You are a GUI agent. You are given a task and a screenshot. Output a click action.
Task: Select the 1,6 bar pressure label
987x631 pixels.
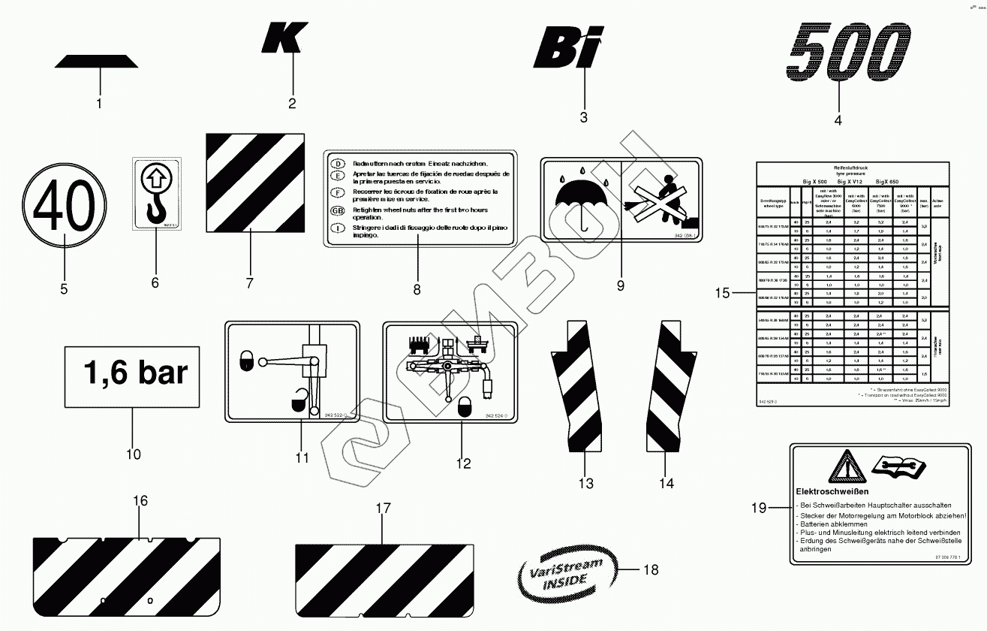click(x=132, y=374)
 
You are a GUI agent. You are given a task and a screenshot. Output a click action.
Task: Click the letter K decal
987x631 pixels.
click(x=284, y=38)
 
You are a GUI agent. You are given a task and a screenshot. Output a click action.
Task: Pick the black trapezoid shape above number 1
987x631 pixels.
click(x=97, y=62)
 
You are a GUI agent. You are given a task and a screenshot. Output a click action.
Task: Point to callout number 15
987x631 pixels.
click(x=721, y=293)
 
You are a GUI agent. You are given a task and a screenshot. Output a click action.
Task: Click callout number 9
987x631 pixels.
click(x=620, y=285)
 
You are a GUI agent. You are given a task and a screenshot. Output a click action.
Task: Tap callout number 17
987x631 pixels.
click(x=383, y=509)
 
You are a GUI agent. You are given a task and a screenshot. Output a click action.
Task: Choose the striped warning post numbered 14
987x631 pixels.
click(x=667, y=387)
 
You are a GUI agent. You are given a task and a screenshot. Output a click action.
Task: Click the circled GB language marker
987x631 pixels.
click(x=338, y=210)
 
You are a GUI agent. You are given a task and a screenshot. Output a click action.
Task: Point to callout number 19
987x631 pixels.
click(x=759, y=509)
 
